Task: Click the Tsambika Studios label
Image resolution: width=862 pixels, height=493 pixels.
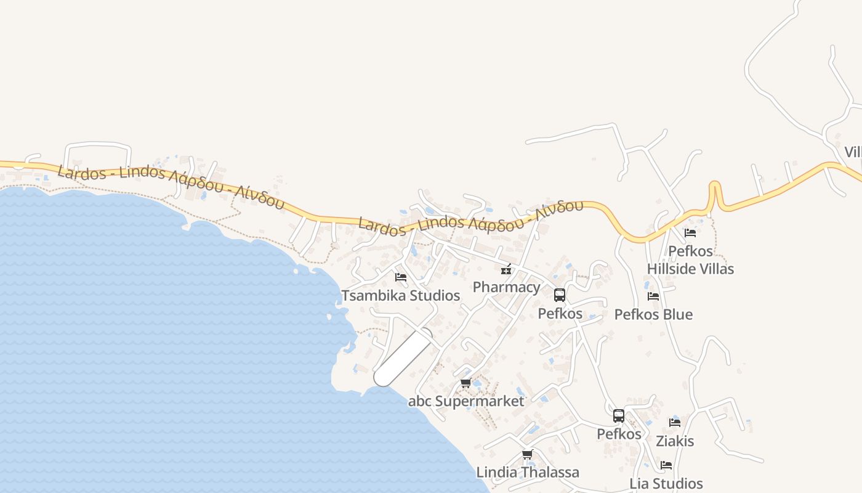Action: tap(401, 296)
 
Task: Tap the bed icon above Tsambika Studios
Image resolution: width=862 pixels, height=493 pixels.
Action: tap(401, 277)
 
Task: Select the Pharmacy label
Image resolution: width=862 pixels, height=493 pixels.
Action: tap(506, 287)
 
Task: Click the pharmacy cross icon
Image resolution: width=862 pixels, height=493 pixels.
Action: tap(506, 269)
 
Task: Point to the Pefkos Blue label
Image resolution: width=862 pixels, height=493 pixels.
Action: tap(653, 315)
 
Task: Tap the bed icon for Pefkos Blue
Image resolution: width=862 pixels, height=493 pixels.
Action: tap(653, 296)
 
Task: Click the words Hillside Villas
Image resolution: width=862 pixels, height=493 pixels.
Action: tap(690, 269)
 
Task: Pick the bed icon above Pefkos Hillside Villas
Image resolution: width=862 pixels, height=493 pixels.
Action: tap(690, 233)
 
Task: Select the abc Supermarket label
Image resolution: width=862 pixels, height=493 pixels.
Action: tap(466, 401)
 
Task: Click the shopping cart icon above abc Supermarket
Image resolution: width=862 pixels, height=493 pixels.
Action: tap(466, 383)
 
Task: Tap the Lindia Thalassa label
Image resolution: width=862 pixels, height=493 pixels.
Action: tap(528, 473)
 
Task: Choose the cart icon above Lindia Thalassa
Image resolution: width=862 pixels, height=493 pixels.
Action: tap(527, 455)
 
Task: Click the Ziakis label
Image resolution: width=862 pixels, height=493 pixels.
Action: tap(675, 441)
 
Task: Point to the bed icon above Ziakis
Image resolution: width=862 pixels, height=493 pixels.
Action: tap(675, 423)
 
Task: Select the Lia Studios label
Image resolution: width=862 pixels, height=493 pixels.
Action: tap(666, 484)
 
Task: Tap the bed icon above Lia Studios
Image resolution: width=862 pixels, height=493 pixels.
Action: tap(666, 465)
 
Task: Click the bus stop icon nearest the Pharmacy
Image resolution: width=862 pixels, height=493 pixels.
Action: tap(560, 295)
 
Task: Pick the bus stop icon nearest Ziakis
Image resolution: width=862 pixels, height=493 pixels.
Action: tap(619, 416)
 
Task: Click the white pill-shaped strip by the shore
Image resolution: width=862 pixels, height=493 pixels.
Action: tap(403, 357)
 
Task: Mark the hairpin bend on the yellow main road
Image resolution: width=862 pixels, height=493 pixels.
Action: tap(714, 188)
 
